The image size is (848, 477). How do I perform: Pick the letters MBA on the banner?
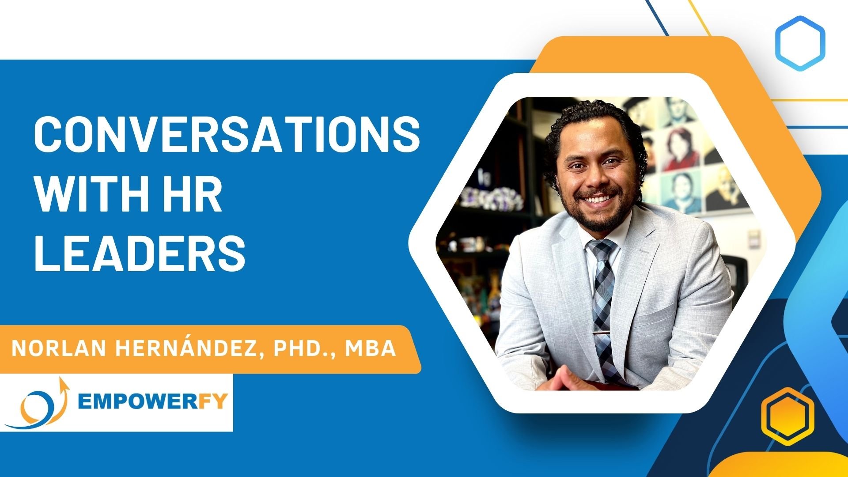[x=370, y=349]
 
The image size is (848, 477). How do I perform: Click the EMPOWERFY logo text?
[x=152, y=401]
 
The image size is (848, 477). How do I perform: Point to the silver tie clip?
[x=604, y=332]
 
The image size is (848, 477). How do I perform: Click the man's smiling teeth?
[x=597, y=199]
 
